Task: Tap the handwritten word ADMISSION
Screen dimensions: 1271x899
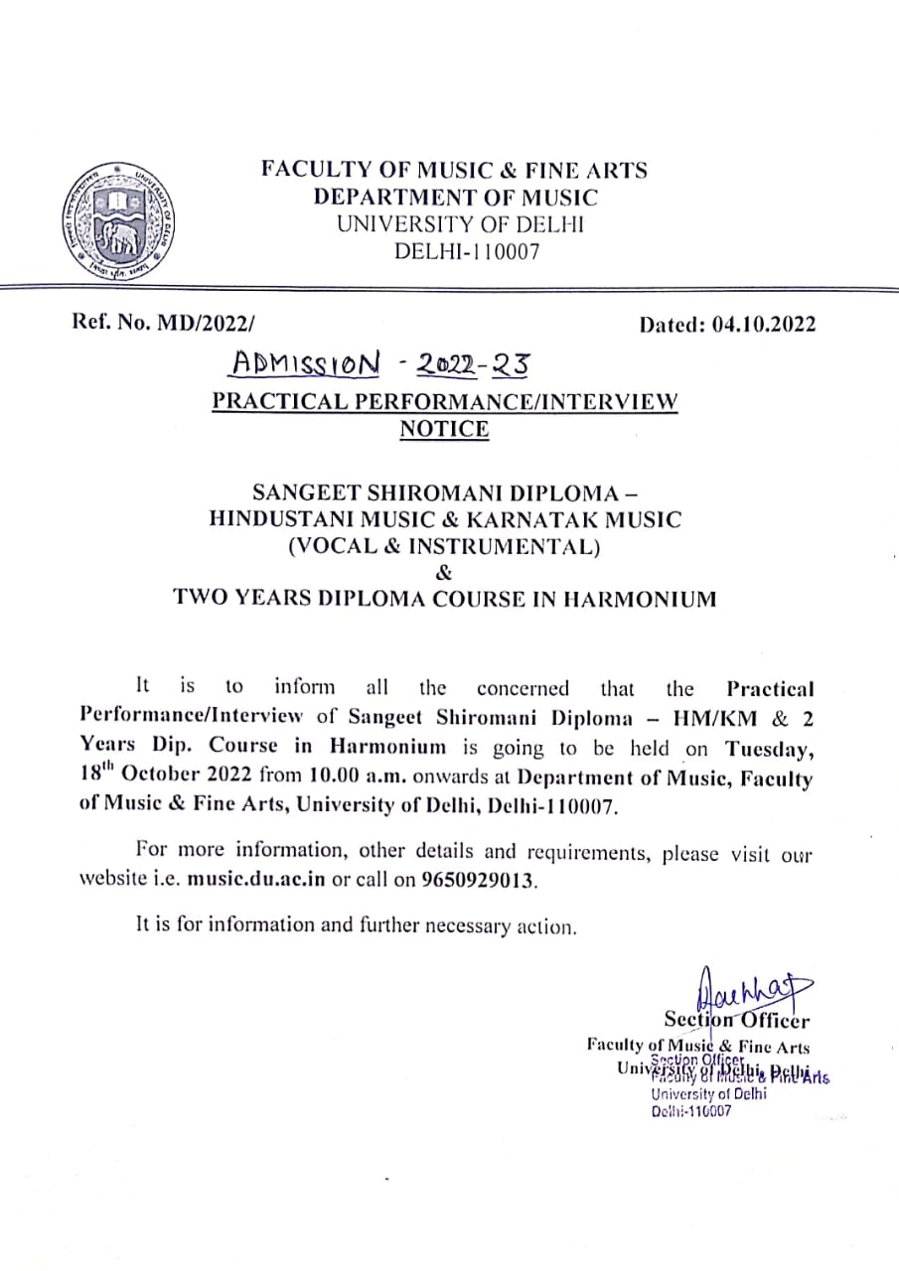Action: click(x=305, y=364)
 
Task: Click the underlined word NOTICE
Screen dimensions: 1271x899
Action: click(x=444, y=429)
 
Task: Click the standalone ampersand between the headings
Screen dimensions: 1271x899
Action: click(x=444, y=572)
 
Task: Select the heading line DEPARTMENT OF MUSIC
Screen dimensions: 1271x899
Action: click(x=456, y=197)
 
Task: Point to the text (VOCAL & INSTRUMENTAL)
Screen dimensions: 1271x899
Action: click(x=444, y=545)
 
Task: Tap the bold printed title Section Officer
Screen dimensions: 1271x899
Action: click(x=736, y=1020)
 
